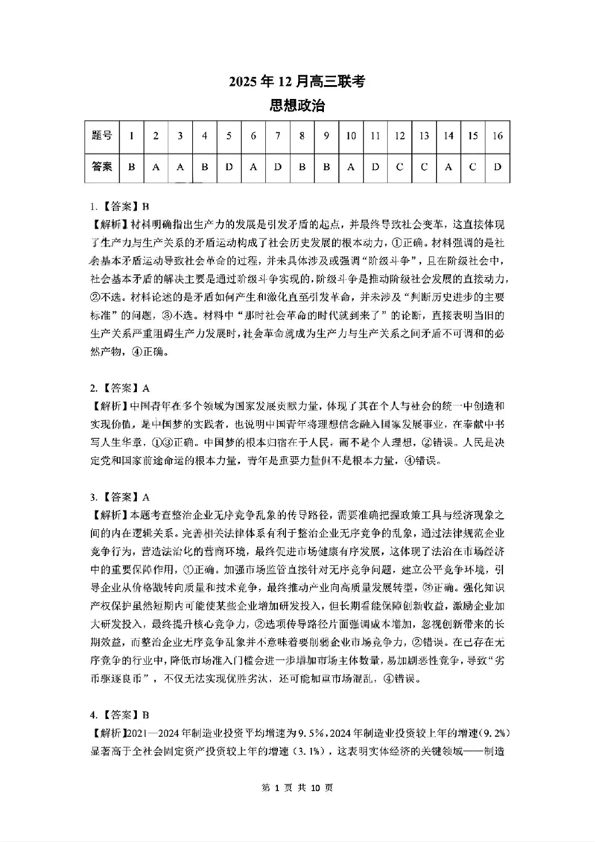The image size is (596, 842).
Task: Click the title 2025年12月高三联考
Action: (x=298, y=83)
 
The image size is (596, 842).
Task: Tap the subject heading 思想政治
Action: (x=298, y=106)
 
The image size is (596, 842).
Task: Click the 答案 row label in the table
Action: (x=102, y=167)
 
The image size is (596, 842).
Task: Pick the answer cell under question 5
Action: (x=229, y=167)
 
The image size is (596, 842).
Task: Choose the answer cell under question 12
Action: (x=399, y=167)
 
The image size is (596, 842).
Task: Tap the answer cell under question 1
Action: (x=132, y=167)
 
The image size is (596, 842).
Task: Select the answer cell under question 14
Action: (x=448, y=167)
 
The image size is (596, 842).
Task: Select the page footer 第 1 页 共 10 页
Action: (x=298, y=809)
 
